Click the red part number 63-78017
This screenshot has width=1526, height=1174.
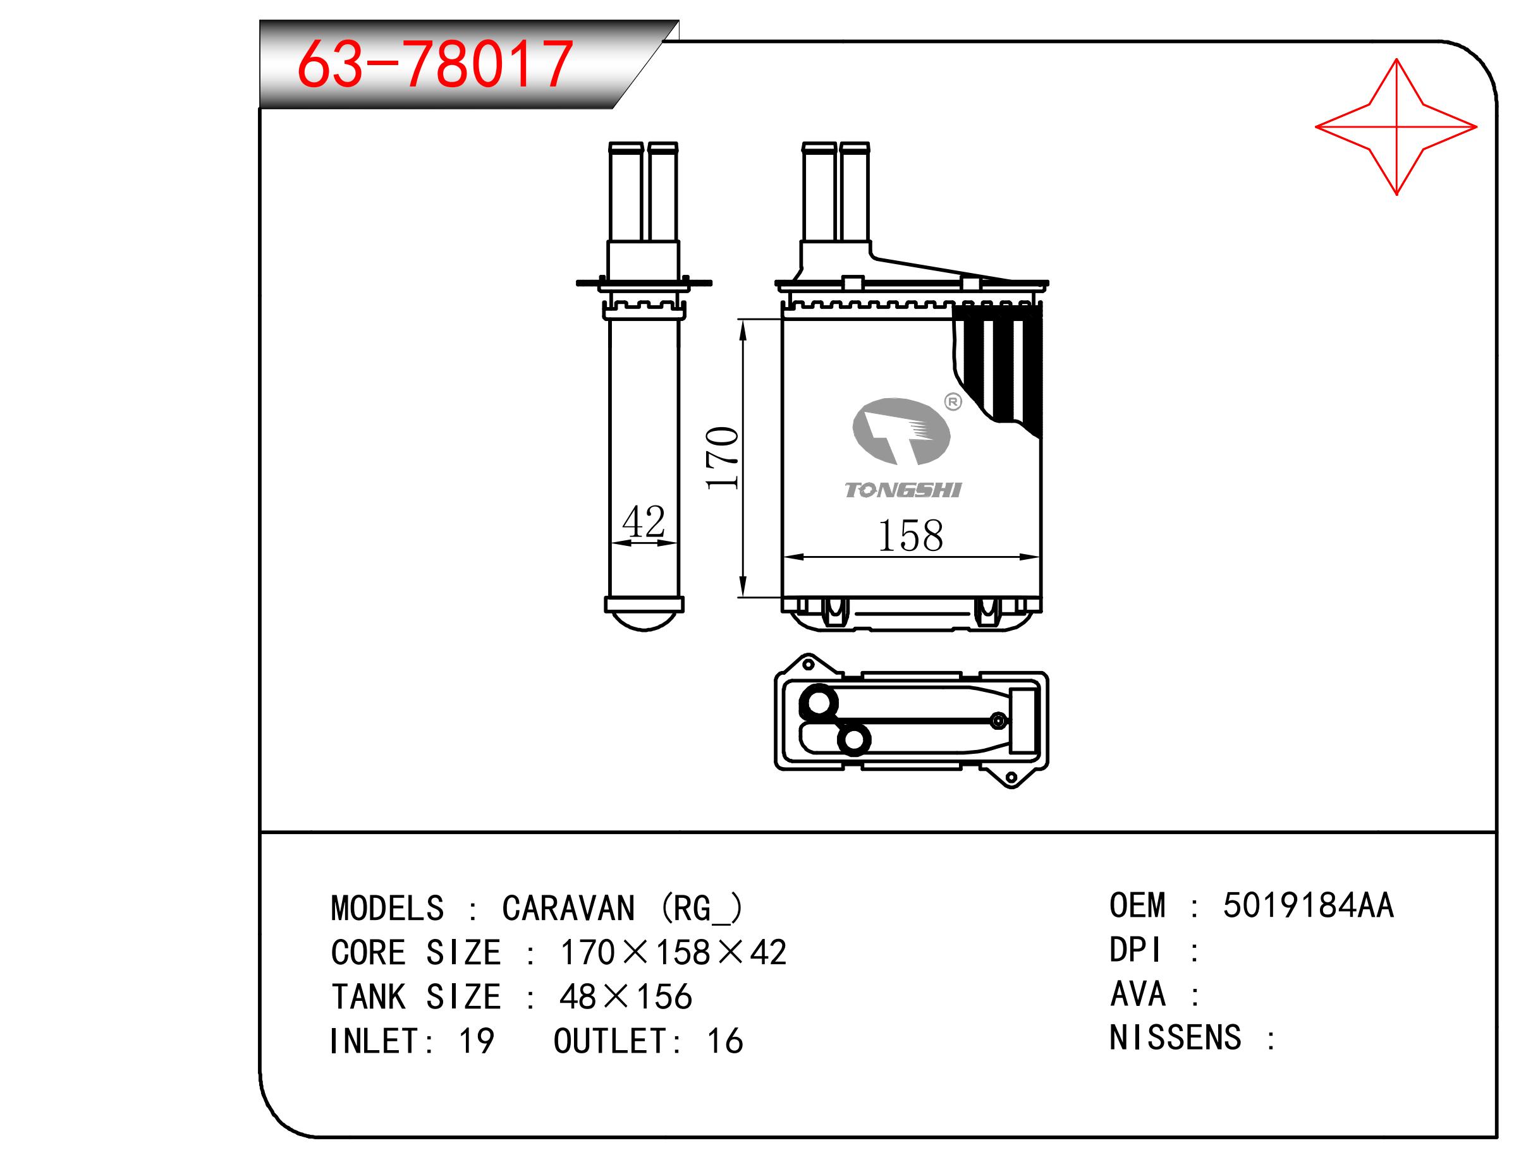[x=435, y=64]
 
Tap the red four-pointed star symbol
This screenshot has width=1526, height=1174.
[x=1396, y=126]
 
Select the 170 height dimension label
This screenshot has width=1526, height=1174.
[x=723, y=457]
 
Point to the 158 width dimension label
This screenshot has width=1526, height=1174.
[x=910, y=536]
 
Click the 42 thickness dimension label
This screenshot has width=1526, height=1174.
[x=644, y=522]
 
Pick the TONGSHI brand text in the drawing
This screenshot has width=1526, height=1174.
[x=903, y=490]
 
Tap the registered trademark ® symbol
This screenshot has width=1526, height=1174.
[x=953, y=402]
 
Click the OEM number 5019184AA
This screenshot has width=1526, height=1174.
[x=1308, y=906]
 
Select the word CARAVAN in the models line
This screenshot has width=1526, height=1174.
[x=568, y=909]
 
